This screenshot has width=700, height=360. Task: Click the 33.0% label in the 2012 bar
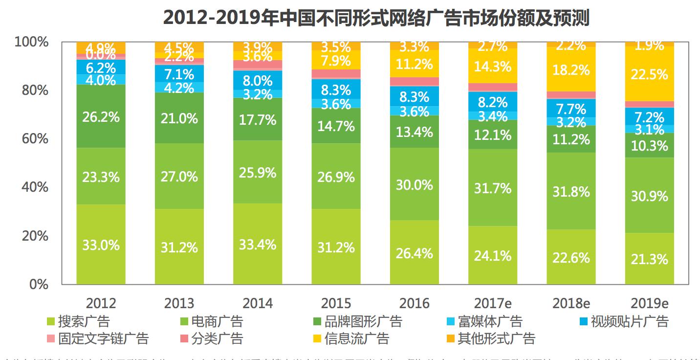click(101, 245)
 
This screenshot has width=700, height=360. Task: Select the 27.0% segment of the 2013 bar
click(179, 176)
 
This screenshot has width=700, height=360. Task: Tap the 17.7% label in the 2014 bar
click(258, 119)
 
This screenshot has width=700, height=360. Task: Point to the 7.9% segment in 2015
click(336, 61)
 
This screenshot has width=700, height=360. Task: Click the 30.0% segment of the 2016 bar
click(415, 185)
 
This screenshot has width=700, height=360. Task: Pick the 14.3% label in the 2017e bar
click(493, 67)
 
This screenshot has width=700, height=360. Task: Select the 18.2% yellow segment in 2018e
click(571, 70)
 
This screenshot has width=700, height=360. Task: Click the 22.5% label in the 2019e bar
click(649, 74)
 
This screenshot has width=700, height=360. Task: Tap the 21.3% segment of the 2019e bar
click(649, 258)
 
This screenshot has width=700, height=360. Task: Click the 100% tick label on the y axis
click(32, 42)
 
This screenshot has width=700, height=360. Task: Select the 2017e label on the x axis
click(493, 303)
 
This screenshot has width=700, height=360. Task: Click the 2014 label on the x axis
click(258, 303)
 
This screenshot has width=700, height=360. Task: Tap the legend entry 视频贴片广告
click(629, 321)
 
